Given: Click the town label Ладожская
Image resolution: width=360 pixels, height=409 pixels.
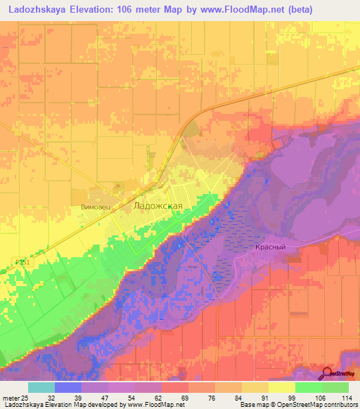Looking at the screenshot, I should coord(158,206).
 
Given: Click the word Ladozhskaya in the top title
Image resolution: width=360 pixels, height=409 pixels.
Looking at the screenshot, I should coord(37,8).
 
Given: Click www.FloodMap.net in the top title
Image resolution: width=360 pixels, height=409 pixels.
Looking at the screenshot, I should coord(230,8).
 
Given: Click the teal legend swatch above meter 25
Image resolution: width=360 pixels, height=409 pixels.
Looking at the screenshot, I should coord(41,387).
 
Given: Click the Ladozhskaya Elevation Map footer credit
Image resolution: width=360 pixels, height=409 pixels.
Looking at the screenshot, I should coord(91,405).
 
